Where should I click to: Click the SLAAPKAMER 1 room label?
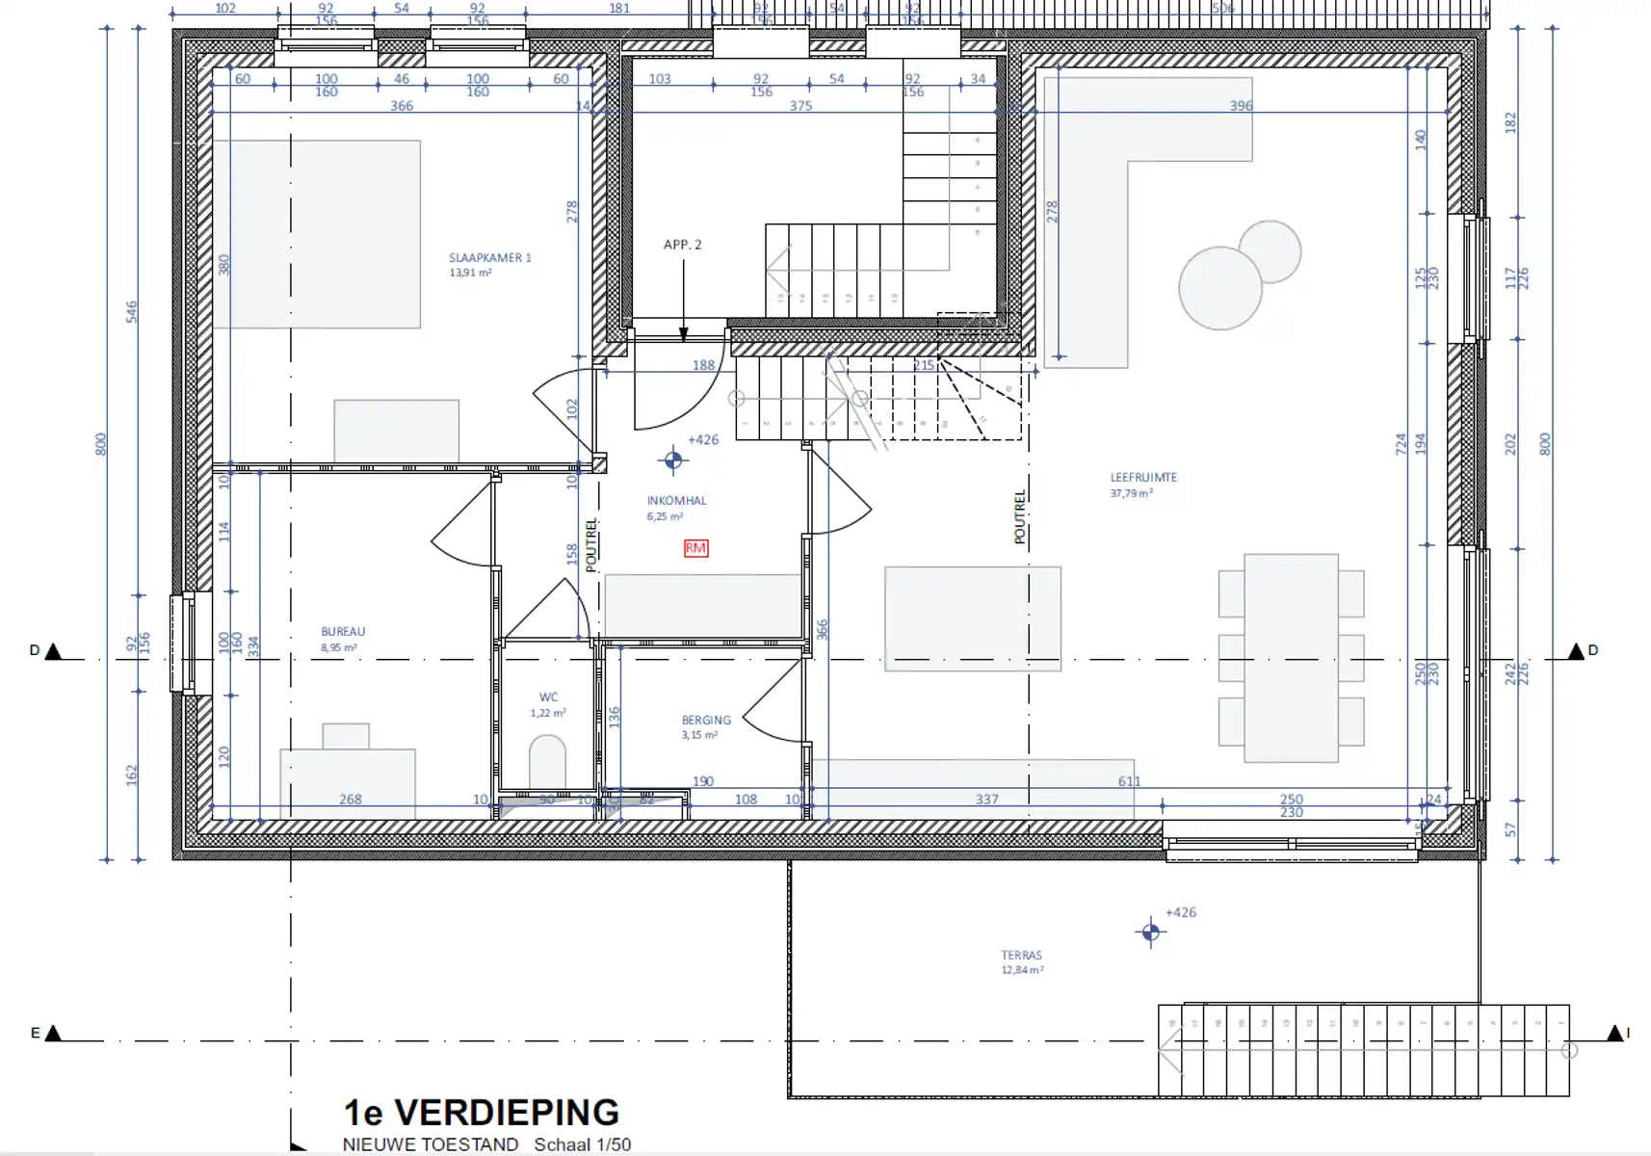[x=489, y=258]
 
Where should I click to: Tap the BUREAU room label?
[x=343, y=632]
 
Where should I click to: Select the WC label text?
[x=548, y=697]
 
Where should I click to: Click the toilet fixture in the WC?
[x=547, y=762]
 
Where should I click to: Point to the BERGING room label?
[x=706, y=721]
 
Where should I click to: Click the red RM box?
[x=695, y=548]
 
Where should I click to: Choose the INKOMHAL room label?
[x=676, y=501]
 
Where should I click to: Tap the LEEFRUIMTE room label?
[x=1143, y=478]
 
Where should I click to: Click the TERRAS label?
[x=1021, y=956]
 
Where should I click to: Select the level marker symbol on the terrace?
[x=1150, y=933]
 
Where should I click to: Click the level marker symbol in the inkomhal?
[x=673, y=460]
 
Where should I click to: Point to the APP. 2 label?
[x=682, y=245]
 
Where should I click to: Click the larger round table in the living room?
[x=1219, y=288]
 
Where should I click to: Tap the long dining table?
[x=1291, y=657]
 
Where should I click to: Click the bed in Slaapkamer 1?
[x=317, y=234]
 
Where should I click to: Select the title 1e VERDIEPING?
[x=481, y=1113]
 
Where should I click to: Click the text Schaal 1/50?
[x=583, y=1145]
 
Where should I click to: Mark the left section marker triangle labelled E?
[x=54, y=1034]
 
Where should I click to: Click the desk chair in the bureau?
[x=346, y=736]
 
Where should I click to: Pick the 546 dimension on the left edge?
[x=132, y=311]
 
